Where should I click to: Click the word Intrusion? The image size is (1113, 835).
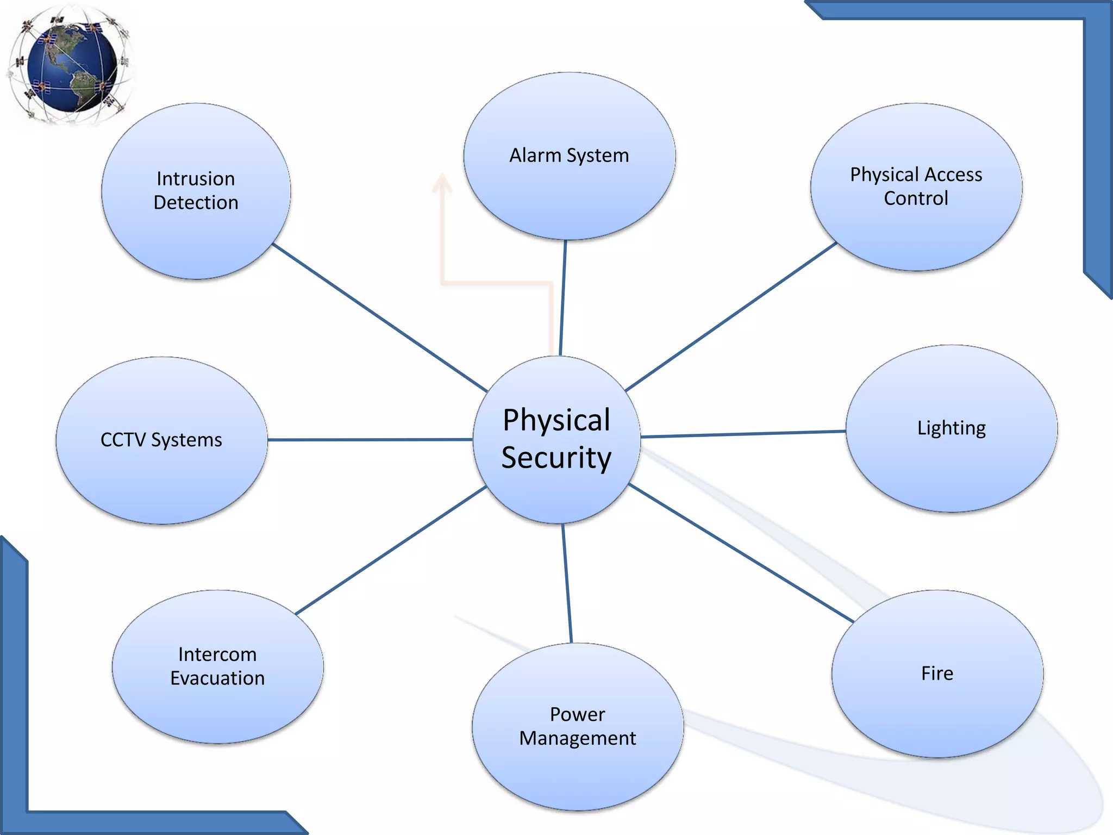[x=196, y=179]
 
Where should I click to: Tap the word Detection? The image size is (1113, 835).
[x=196, y=203]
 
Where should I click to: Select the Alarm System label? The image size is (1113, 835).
[x=569, y=155]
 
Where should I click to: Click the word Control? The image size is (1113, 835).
[x=916, y=198]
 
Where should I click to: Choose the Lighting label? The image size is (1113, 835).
[x=951, y=428]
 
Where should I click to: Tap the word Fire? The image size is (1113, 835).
[x=937, y=674]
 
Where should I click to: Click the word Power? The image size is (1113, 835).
[x=577, y=714]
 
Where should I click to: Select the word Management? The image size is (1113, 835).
[x=577, y=738]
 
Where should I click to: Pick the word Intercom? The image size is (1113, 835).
[x=217, y=655]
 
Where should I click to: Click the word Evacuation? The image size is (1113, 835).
[x=217, y=678]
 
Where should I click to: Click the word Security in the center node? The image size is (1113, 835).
[x=556, y=458]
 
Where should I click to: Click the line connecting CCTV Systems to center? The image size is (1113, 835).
[x=370, y=439]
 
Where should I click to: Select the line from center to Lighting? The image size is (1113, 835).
[x=743, y=434]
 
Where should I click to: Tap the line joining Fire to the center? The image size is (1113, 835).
[x=740, y=553]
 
